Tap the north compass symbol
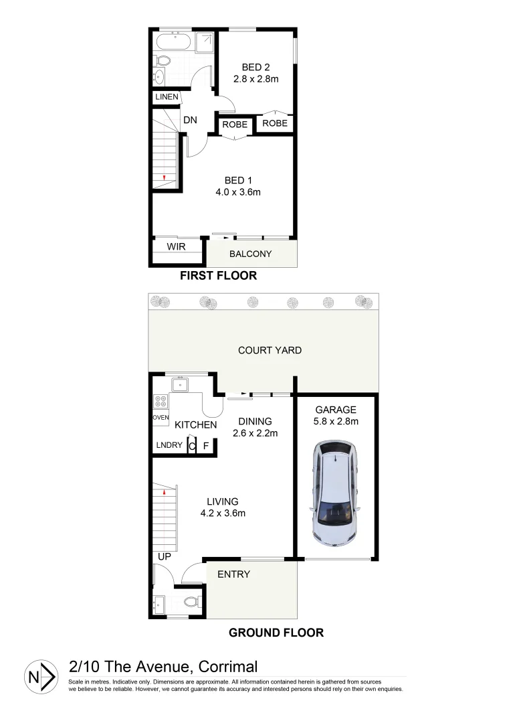click(39, 677)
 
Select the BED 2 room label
click(255, 67)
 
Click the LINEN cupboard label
click(167, 97)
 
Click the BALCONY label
click(250, 254)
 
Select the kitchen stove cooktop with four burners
click(161, 402)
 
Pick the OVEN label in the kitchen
click(161, 418)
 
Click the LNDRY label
click(169, 445)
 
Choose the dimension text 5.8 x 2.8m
click(336, 422)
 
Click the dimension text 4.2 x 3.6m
click(223, 513)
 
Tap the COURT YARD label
click(270, 350)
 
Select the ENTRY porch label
click(233, 574)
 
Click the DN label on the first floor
click(189, 120)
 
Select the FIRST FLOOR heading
click(218, 276)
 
